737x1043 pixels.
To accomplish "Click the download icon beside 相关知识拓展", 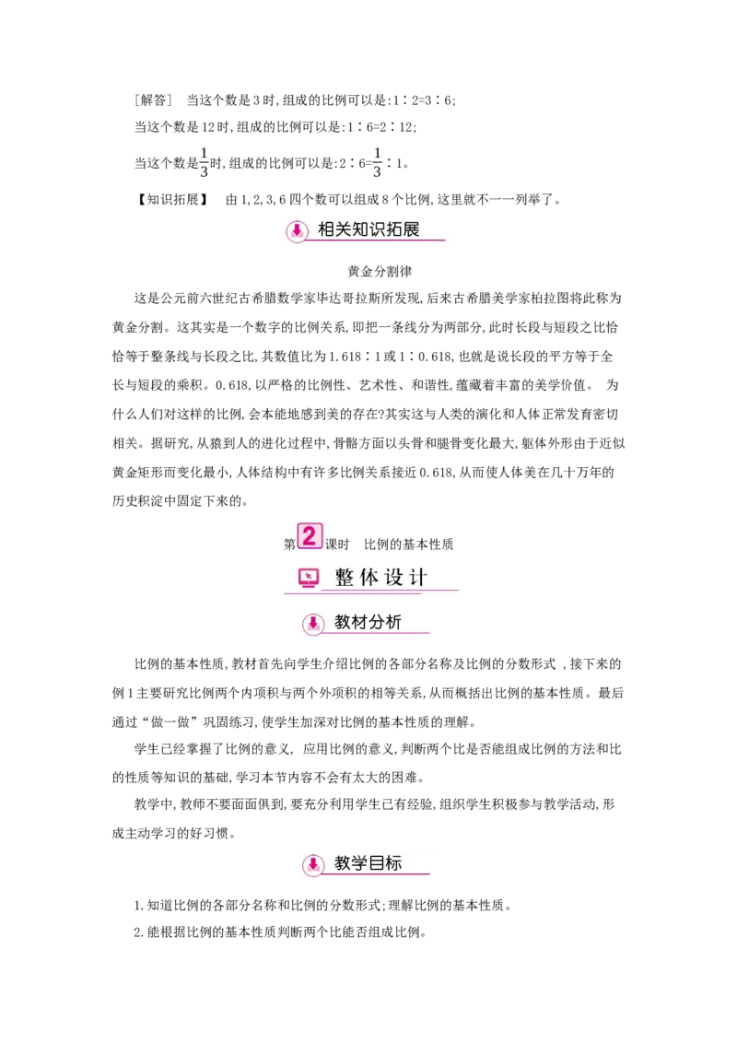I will [x=297, y=231].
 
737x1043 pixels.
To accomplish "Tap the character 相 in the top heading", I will [x=327, y=229].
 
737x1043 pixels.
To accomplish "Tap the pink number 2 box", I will [x=310, y=536].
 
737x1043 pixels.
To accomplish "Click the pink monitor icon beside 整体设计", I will [x=309, y=579].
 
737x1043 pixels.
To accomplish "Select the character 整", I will [x=345, y=579].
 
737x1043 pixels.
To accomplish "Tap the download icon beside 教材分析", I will [x=313, y=624].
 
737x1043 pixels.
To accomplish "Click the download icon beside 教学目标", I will [x=313, y=865].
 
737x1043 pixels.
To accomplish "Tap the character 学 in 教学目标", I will [x=360, y=864].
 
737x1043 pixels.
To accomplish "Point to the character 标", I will [x=394, y=864].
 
